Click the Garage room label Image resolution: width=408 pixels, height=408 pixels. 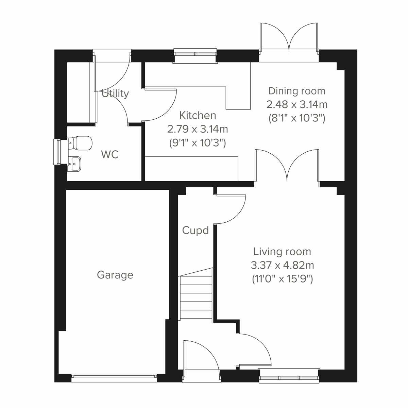tap(115, 275)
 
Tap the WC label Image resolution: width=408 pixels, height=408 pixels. tap(110, 154)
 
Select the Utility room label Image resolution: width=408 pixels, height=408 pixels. tap(115, 93)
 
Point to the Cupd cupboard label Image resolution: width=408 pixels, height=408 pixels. tap(195, 231)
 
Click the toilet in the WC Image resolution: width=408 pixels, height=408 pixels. tap(81, 143)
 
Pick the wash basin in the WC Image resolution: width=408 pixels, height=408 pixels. tap(75, 164)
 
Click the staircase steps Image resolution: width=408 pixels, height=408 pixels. tap(196, 294)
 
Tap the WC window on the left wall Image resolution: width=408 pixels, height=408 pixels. tap(57, 152)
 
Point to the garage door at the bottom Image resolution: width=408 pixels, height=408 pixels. tap(114, 376)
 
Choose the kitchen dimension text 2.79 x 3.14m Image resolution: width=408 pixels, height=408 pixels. tap(198, 129)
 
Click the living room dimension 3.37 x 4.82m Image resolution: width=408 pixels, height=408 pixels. tap(282, 265)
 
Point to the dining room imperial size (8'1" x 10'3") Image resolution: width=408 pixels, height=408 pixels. tap(297, 118)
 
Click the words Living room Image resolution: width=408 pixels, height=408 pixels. tap(282, 252)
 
